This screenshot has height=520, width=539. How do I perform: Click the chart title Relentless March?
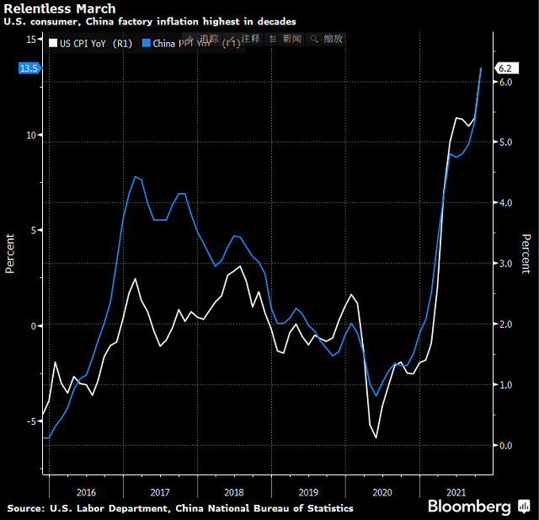click(60, 8)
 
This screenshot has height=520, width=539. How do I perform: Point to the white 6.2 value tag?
click(506, 67)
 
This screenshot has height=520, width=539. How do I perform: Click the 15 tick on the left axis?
click(30, 40)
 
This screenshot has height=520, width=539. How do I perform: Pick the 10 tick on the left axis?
click(30, 135)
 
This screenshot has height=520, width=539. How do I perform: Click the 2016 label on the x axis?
click(85, 491)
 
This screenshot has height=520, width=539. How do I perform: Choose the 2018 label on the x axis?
click(233, 491)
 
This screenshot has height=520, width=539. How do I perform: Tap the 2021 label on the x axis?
click(456, 491)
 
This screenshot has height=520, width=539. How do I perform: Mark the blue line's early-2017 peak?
click(136, 176)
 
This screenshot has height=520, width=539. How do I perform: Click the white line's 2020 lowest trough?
click(376, 437)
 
